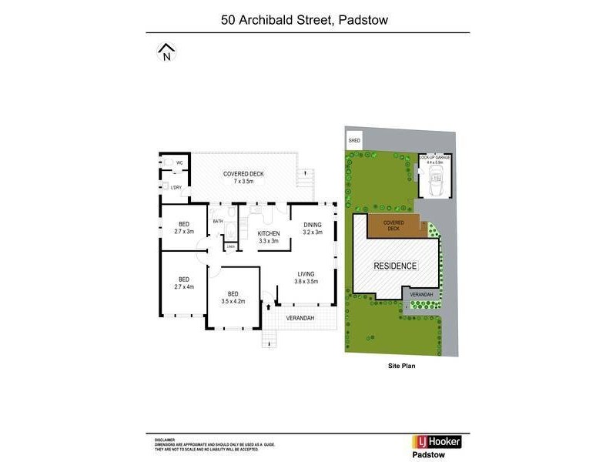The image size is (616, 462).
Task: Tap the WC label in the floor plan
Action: (x=179, y=162)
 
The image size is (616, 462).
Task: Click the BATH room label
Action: (x=218, y=221)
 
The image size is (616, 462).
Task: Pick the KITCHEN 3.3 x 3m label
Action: (x=267, y=237)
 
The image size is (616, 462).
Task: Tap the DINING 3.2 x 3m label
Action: (x=312, y=229)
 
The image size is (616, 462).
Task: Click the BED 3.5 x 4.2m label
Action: (x=233, y=296)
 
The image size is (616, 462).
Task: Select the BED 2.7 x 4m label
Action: (x=184, y=283)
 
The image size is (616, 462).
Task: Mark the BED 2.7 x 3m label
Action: (x=184, y=227)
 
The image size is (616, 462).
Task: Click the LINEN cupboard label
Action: (x=230, y=247)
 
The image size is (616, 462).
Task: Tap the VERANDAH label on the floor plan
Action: (x=300, y=317)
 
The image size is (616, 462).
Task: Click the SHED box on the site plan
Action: (x=354, y=141)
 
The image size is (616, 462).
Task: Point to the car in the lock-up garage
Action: (x=435, y=182)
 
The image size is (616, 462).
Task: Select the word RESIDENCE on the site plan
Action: (x=395, y=266)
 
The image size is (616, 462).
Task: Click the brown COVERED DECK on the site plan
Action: (x=393, y=226)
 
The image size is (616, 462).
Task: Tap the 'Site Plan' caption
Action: (x=401, y=367)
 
